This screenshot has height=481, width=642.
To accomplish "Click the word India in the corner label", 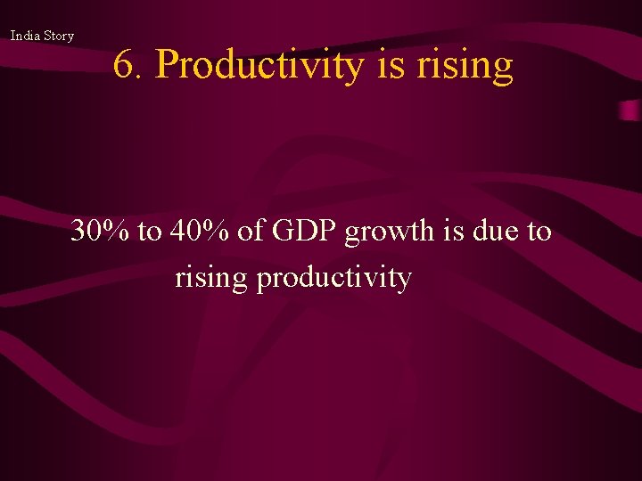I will [x=25, y=36].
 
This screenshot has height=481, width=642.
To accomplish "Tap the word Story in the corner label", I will [x=58, y=36].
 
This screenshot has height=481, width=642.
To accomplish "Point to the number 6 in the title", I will [x=125, y=66].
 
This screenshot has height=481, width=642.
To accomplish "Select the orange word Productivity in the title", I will [x=262, y=66].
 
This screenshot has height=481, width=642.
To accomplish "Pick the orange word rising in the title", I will [x=465, y=66].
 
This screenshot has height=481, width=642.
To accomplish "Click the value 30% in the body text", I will [x=100, y=232].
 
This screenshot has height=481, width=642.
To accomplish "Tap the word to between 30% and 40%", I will [x=150, y=232].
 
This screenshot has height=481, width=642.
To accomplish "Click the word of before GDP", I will [x=252, y=232].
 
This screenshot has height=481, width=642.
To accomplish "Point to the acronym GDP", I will [x=305, y=232].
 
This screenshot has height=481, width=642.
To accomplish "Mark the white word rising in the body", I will [x=211, y=279].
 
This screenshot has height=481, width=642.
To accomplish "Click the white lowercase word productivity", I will [x=333, y=279].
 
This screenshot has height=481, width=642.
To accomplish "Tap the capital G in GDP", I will [x=283, y=232].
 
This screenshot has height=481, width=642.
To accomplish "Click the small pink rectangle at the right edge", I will [x=630, y=110].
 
